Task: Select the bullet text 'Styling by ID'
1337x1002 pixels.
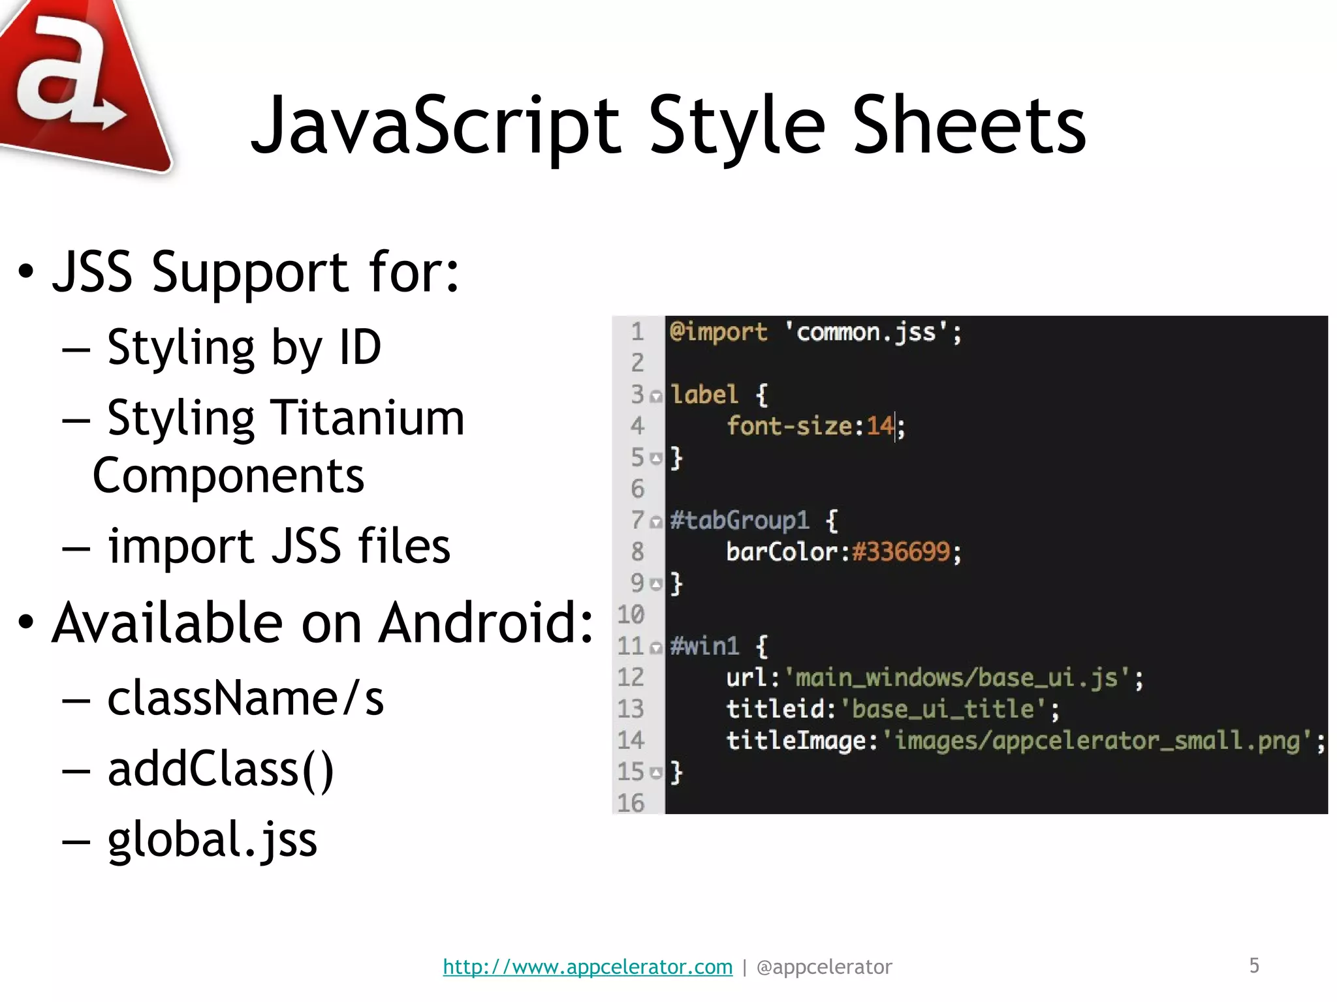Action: click(x=244, y=348)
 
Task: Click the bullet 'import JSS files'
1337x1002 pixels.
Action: click(x=279, y=546)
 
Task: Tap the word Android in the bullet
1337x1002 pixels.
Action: click(x=486, y=623)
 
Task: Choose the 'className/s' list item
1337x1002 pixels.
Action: click(x=245, y=699)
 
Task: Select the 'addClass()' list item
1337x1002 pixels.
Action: click(x=221, y=769)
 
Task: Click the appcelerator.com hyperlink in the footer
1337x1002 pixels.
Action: click(x=588, y=967)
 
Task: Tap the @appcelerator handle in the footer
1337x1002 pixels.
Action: click(x=824, y=967)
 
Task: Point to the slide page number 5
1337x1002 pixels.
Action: click(x=1254, y=965)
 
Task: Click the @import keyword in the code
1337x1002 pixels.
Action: click(x=718, y=332)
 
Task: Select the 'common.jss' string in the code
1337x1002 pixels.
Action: click(x=866, y=332)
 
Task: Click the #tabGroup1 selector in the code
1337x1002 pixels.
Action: click(x=739, y=521)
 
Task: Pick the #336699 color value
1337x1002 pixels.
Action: click(x=901, y=552)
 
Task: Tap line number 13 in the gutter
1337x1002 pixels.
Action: click(x=631, y=709)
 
